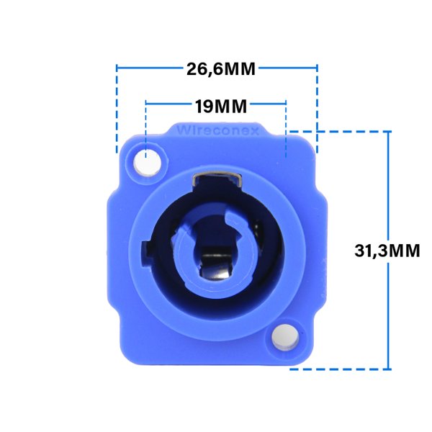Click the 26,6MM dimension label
(221, 69)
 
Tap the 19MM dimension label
(221, 107)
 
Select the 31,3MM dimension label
(387, 251)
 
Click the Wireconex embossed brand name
(217, 130)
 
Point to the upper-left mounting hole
(147, 163)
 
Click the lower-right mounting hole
(285, 338)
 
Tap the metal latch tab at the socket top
(217, 179)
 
